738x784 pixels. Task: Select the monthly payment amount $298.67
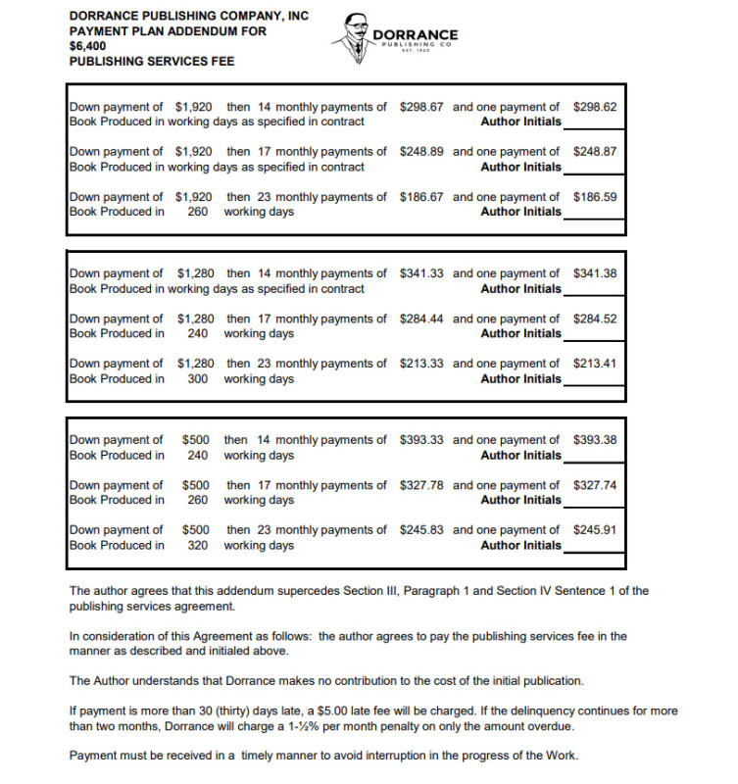(x=421, y=107)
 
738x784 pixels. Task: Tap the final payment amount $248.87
(x=595, y=152)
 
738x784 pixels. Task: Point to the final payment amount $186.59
(x=595, y=197)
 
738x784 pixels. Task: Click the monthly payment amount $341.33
(x=421, y=273)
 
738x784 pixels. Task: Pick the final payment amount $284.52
(x=595, y=318)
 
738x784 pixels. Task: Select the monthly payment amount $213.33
(x=421, y=364)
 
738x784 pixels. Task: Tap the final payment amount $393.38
(x=595, y=440)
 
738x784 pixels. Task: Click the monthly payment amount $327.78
(x=421, y=485)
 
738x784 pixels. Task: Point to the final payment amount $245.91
(x=595, y=530)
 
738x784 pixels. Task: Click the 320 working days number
(x=198, y=546)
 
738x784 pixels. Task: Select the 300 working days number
(x=198, y=379)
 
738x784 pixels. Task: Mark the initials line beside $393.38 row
(x=594, y=458)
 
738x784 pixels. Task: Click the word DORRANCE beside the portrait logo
(x=416, y=35)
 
